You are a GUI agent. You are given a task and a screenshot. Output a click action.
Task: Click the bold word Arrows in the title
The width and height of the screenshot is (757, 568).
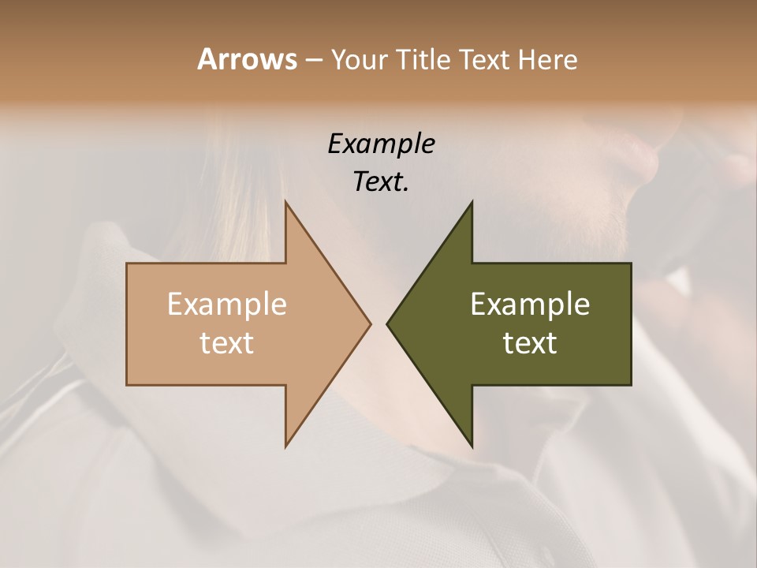(x=247, y=59)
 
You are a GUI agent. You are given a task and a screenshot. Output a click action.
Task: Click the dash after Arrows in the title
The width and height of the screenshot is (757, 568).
(x=312, y=61)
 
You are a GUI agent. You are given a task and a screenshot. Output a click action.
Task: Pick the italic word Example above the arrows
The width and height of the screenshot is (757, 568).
(x=381, y=144)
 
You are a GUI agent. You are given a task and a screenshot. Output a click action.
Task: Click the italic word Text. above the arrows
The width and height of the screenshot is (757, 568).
(x=381, y=182)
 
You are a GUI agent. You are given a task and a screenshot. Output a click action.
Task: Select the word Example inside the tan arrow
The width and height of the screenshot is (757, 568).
(x=226, y=305)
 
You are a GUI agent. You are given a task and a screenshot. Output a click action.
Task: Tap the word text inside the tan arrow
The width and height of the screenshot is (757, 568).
(x=226, y=343)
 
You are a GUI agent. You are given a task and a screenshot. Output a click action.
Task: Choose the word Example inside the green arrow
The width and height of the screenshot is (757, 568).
(x=530, y=305)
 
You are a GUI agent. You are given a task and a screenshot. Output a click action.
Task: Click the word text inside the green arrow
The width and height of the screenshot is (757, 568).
(x=530, y=343)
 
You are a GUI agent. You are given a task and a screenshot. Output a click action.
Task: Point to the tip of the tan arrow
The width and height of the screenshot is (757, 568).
(x=370, y=323)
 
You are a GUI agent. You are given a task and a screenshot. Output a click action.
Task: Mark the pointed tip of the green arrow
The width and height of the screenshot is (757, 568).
(x=387, y=323)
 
